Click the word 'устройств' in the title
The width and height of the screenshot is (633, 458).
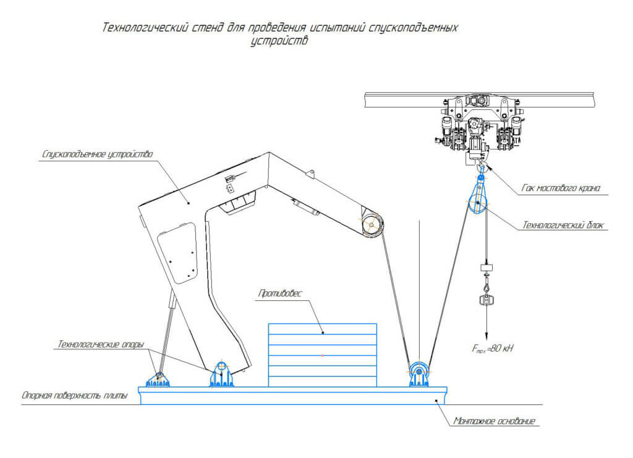[279, 42]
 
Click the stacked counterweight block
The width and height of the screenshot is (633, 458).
[322, 355]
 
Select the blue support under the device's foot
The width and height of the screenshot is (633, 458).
[221, 374]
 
